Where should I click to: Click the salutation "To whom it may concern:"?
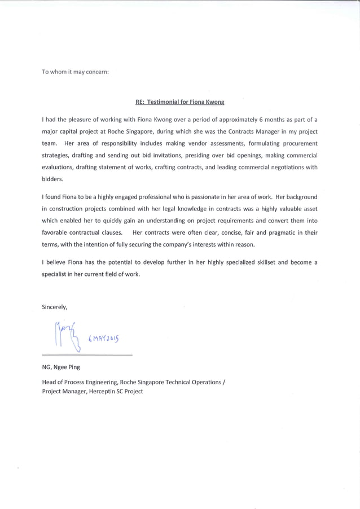click(76, 72)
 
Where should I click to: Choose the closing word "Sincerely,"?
click(55, 308)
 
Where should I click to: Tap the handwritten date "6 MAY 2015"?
click(104, 339)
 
